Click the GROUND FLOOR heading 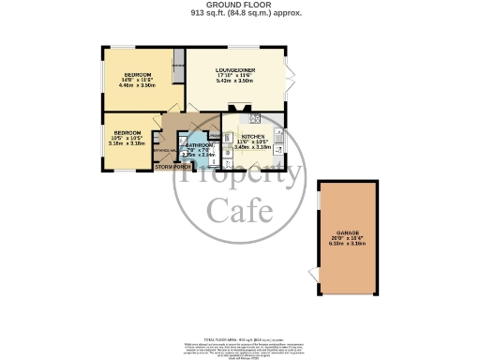tap(239, 6)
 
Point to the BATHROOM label tap(199, 146)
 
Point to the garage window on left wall tap(319, 202)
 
